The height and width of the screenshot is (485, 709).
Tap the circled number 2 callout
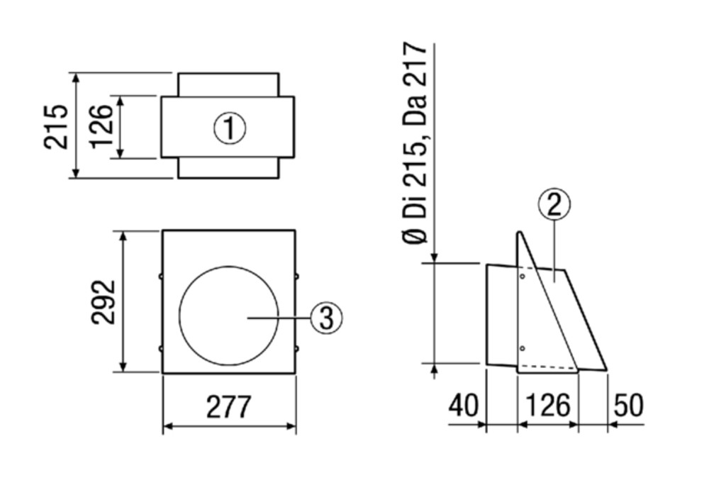554,205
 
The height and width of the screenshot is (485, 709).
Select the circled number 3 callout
326,318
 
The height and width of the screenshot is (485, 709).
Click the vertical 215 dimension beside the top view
56,126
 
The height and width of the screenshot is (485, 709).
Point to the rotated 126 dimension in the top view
101,126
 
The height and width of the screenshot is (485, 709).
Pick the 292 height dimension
104,302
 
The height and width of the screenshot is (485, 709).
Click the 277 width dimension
228,407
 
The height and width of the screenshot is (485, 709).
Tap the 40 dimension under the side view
463,405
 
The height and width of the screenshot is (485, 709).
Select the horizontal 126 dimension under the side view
548,405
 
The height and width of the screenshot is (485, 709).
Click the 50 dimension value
628,405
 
